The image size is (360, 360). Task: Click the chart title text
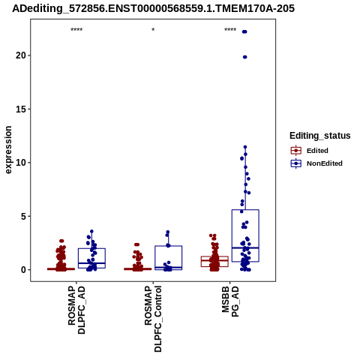[x=153, y=8]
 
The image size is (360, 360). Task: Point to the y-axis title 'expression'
[x=8, y=150]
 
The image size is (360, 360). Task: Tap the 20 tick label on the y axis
[x=21, y=55]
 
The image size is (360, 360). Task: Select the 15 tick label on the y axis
[x=21, y=109]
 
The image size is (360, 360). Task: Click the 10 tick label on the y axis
[x=21, y=163]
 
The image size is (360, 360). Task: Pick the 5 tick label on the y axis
[x=24, y=216]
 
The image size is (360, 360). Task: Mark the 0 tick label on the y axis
[x=24, y=270]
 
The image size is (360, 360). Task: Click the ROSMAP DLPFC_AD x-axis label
[x=76, y=310]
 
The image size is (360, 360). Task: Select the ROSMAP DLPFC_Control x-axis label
[x=153, y=319]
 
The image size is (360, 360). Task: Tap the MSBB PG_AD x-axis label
[x=230, y=301]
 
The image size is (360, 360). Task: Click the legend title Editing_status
[x=320, y=136]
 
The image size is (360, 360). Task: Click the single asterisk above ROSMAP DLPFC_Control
[x=153, y=30]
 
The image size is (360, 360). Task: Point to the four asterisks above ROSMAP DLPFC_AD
[x=76, y=30]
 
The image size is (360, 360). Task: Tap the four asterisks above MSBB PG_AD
[x=230, y=30]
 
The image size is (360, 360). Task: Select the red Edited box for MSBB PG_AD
[x=214, y=256]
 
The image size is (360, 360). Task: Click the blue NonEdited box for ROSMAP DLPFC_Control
[x=169, y=246]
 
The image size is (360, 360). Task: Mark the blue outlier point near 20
[x=245, y=57]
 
